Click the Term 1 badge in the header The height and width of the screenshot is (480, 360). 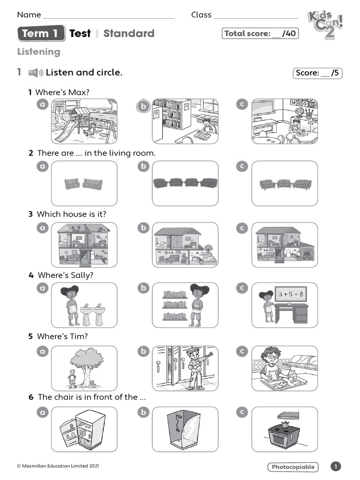coord(41,33)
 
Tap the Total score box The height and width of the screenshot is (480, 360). coord(260,33)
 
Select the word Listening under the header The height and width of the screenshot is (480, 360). coord(38,52)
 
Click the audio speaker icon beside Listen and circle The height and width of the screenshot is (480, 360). coord(36,73)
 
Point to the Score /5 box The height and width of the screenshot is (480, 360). coord(317,73)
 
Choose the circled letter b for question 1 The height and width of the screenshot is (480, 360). coord(142,107)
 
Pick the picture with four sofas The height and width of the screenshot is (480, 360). coord(185,183)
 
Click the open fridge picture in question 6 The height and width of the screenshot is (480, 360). coord(84,429)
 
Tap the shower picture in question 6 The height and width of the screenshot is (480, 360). coord(185,429)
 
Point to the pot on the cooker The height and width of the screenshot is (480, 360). coord(285,423)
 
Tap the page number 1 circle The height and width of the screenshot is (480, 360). coord(336,466)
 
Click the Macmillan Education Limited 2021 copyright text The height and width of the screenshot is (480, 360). coord(58,466)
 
